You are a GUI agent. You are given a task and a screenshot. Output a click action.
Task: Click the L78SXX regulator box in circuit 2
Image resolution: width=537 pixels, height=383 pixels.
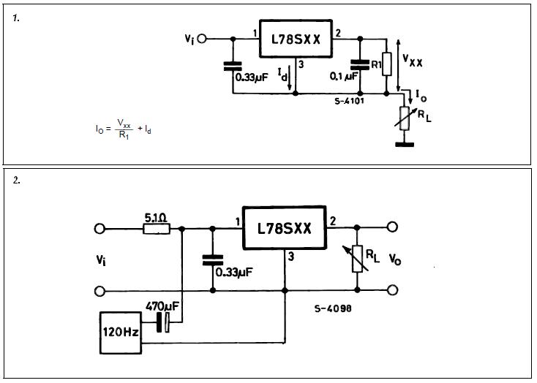284,229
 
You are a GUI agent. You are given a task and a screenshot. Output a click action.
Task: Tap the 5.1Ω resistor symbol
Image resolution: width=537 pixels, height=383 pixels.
157,229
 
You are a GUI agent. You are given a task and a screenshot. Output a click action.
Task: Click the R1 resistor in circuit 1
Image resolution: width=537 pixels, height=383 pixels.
388,64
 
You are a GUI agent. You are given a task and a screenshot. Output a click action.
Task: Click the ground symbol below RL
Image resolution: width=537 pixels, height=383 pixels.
402,143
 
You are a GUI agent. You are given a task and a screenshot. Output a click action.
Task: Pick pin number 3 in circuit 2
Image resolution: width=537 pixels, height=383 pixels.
290,257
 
